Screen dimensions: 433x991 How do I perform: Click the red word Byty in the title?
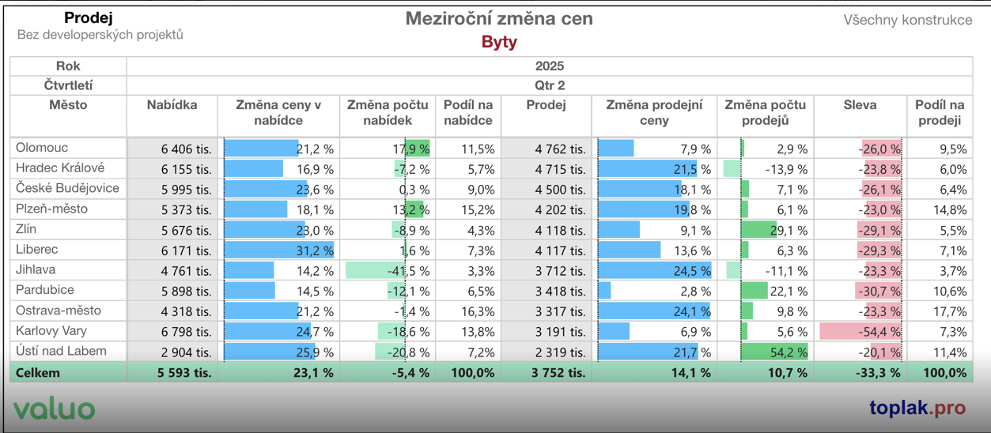499,42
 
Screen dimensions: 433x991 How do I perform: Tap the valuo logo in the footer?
54,409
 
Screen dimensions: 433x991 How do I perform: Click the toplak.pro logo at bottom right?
917,408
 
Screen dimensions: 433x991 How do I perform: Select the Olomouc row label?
42,148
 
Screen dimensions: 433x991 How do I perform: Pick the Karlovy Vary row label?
51,331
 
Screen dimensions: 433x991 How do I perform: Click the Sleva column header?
860,105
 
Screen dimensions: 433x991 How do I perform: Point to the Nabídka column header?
172,105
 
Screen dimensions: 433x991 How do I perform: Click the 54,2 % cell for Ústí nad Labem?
788,352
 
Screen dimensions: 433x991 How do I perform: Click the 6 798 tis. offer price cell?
186,332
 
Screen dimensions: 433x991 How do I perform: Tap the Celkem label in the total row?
37,373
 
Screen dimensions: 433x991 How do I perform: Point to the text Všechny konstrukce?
907,21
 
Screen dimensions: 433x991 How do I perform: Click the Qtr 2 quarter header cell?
550,85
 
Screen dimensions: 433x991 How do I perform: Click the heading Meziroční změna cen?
499,19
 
